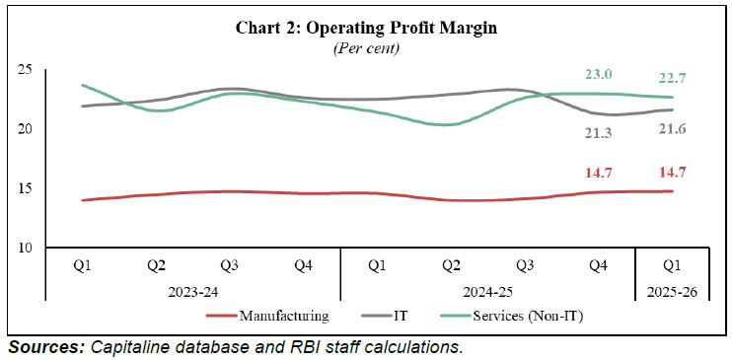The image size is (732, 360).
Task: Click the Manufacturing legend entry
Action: [x=282, y=316]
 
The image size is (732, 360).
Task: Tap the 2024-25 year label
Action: [x=486, y=293]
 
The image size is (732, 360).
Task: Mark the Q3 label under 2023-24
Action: [x=229, y=265]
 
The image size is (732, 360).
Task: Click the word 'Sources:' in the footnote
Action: [x=45, y=347]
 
